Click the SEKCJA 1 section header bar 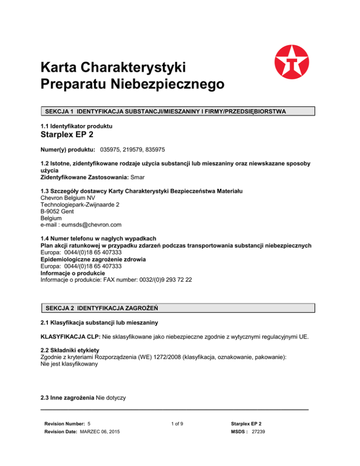[176, 111]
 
